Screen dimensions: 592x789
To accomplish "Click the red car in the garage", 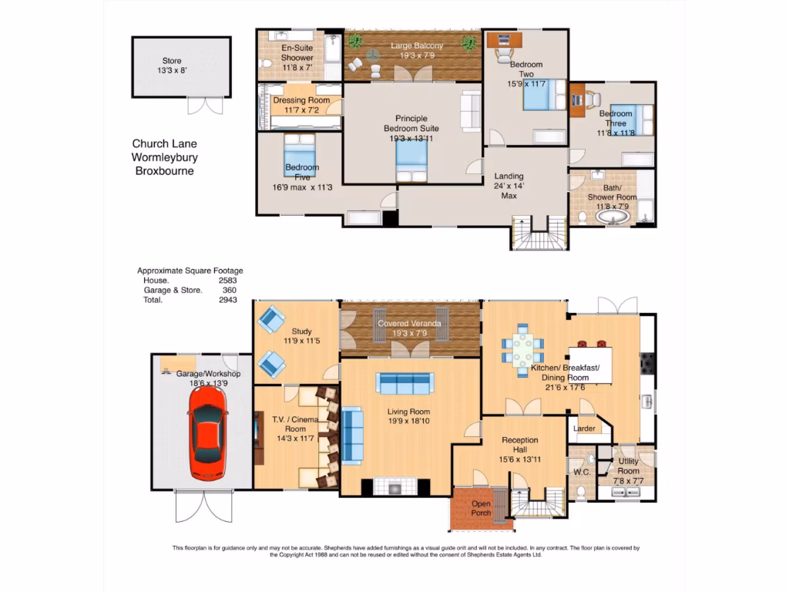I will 207,432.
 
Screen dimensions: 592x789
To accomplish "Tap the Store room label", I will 171,61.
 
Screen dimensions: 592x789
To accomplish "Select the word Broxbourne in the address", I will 164,171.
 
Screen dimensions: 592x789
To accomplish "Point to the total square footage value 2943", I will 227,300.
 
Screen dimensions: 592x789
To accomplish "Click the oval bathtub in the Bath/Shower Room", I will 613,217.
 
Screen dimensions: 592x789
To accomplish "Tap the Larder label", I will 584,429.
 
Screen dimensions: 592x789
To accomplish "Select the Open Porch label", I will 481,508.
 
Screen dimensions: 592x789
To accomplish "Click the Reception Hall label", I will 520,440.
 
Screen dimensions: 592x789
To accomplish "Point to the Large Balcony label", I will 416,46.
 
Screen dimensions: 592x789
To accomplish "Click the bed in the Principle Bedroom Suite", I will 411,162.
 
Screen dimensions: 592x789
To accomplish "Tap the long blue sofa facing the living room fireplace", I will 405,382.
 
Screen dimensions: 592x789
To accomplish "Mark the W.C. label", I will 582,471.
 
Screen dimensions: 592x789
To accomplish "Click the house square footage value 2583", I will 227,281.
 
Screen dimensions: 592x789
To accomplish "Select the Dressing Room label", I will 301,100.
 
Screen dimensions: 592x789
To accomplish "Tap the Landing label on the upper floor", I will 509,176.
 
